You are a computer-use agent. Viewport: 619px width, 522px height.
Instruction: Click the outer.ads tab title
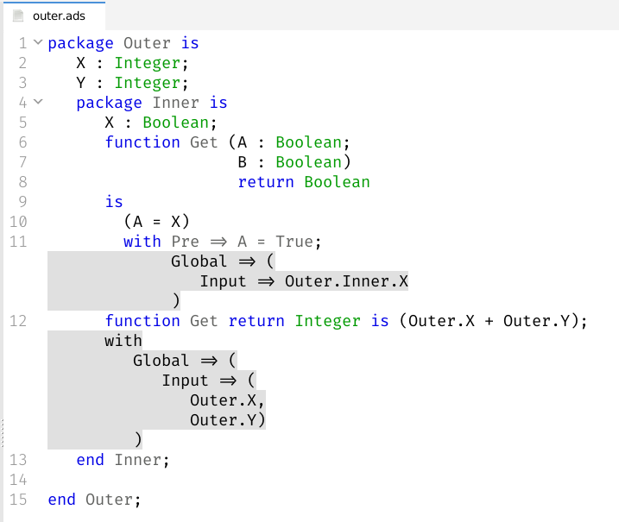tap(60, 16)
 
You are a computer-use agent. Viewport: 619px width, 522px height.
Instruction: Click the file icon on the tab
tap(17, 16)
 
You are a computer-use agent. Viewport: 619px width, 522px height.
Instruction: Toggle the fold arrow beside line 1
tap(37, 42)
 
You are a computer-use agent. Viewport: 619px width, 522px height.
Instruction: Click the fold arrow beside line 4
tap(37, 102)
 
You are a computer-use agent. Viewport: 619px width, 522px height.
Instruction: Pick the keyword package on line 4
tap(109, 103)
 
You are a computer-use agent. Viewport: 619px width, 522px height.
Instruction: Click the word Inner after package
tap(176, 103)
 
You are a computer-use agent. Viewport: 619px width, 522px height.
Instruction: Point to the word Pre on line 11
tap(186, 242)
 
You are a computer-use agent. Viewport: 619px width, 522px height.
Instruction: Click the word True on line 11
tap(294, 242)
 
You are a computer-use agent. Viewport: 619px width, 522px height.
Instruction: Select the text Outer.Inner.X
tap(346, 281)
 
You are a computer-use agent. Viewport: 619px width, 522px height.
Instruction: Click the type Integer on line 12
tap(328, 321)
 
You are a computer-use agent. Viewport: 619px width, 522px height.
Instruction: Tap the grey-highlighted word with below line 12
tap(123, 341)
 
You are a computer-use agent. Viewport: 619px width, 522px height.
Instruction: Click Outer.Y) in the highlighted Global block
tap(228, 420)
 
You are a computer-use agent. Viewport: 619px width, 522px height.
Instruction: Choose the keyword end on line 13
tap(91, 460)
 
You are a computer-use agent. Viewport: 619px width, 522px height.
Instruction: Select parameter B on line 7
tap(243, 162)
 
